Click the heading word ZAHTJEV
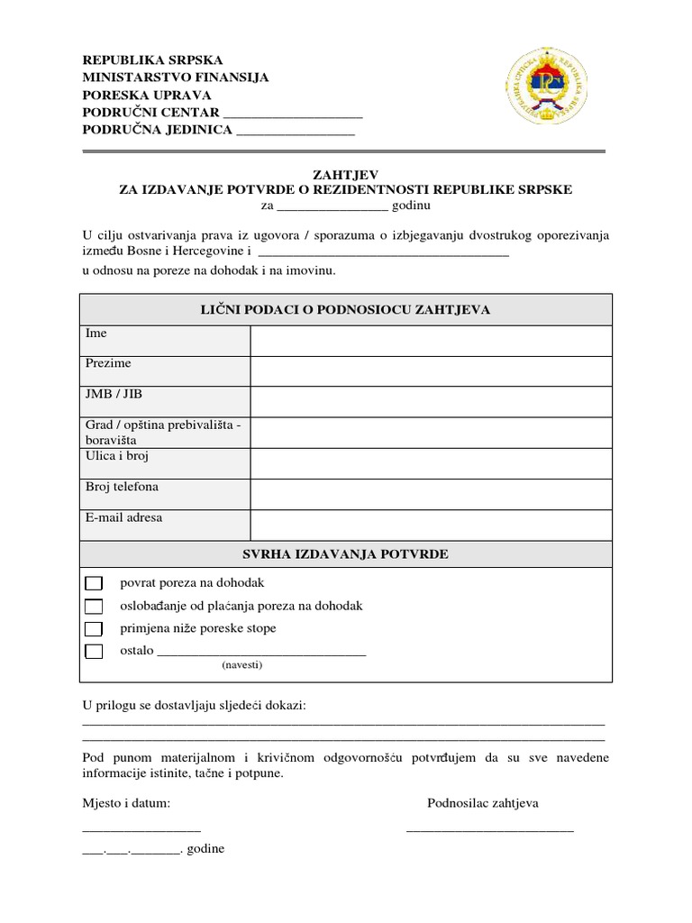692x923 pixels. coord(346,175)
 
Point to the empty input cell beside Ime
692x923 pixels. coord(431,341)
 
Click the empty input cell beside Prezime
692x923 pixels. coord(431,370)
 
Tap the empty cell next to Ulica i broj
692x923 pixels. coord(431,463)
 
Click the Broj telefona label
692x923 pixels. coord(122,487)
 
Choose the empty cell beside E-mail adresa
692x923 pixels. coord(431,525)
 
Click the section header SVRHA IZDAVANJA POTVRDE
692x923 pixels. coord(346,553)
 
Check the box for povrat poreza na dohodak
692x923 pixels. coord(94,584)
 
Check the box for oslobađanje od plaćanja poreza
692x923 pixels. coord(94,607)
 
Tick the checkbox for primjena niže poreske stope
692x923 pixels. coord(94,629)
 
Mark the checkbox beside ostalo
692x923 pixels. coord(94,652)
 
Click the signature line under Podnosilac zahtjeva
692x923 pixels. coord(489,828)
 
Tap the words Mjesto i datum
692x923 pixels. coord(125,803)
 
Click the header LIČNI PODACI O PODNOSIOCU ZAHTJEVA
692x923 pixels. coord(346,309)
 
